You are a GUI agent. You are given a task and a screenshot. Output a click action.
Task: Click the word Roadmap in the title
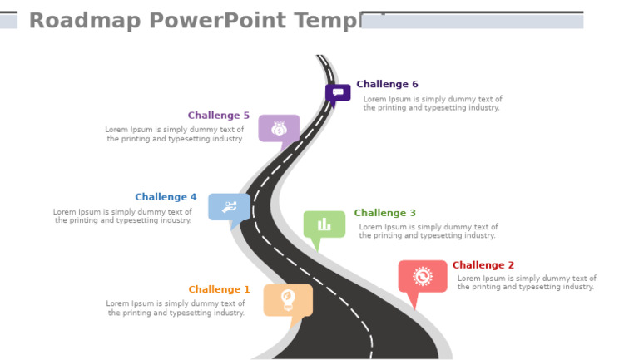[x=76, y=21]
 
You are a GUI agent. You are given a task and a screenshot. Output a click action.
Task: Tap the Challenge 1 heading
[x=219, y=289]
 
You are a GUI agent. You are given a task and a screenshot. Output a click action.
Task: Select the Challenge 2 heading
[x=483, y=265]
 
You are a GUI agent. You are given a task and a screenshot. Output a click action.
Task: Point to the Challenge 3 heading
[x=385, y=213]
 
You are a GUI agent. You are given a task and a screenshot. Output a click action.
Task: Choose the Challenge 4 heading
[x=166, y=197]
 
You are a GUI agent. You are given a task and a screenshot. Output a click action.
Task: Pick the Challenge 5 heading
[x=218, y=116]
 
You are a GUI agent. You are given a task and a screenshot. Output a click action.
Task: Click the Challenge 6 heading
[x=387, y=84]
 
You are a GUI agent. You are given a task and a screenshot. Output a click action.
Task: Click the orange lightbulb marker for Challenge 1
[x=288, y=299]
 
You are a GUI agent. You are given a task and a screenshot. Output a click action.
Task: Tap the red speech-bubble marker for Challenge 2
[x=423, y=276]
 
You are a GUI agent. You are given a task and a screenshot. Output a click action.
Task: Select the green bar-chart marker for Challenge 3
[x=324, y=224]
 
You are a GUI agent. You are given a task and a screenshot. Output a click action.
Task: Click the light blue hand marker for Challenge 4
[x=229, y=207]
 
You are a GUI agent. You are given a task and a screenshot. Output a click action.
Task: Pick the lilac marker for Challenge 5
[x=279, y=128]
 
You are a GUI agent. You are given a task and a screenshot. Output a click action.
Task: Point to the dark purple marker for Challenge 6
[x=337, y=92]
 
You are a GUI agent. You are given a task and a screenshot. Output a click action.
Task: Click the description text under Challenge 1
[x=176, y=308]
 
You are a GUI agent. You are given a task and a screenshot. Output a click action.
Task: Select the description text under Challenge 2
[x=527, y=283]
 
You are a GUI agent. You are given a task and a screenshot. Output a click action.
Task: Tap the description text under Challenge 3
[x=428, y=231]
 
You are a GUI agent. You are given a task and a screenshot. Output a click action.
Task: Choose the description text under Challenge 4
[x=122, y=216]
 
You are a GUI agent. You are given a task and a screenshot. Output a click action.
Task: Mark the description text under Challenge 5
[x=175, y=134]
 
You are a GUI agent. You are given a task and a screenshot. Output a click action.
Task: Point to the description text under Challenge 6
[x=433, y=103]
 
